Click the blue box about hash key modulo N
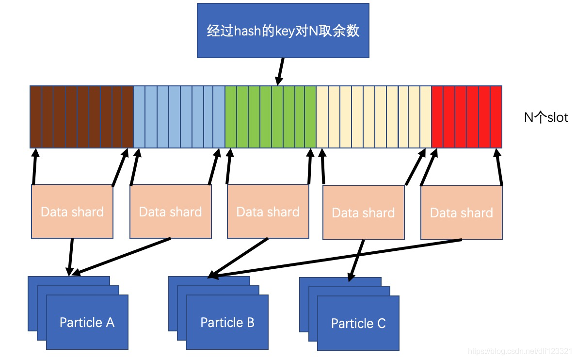click(283, 31)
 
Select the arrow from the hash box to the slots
click(280, 71)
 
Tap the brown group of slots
click(81, 117)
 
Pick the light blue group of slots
click(179, 117)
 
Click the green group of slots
click(270, 117)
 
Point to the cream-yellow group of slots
click(373, 117)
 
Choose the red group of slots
click(466, 117)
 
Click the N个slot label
click(546, 117)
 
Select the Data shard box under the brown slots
click(72, 212)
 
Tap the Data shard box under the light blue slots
click(170, 212)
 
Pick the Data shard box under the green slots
click(268, 212)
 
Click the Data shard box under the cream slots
click(363, 213)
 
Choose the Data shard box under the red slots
click(461, 213)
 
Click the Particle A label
click(87, 322)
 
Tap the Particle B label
click(227, 322)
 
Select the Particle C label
click(358, 323)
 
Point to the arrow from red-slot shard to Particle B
click(335, 259)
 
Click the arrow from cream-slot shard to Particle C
click(356, 260)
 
